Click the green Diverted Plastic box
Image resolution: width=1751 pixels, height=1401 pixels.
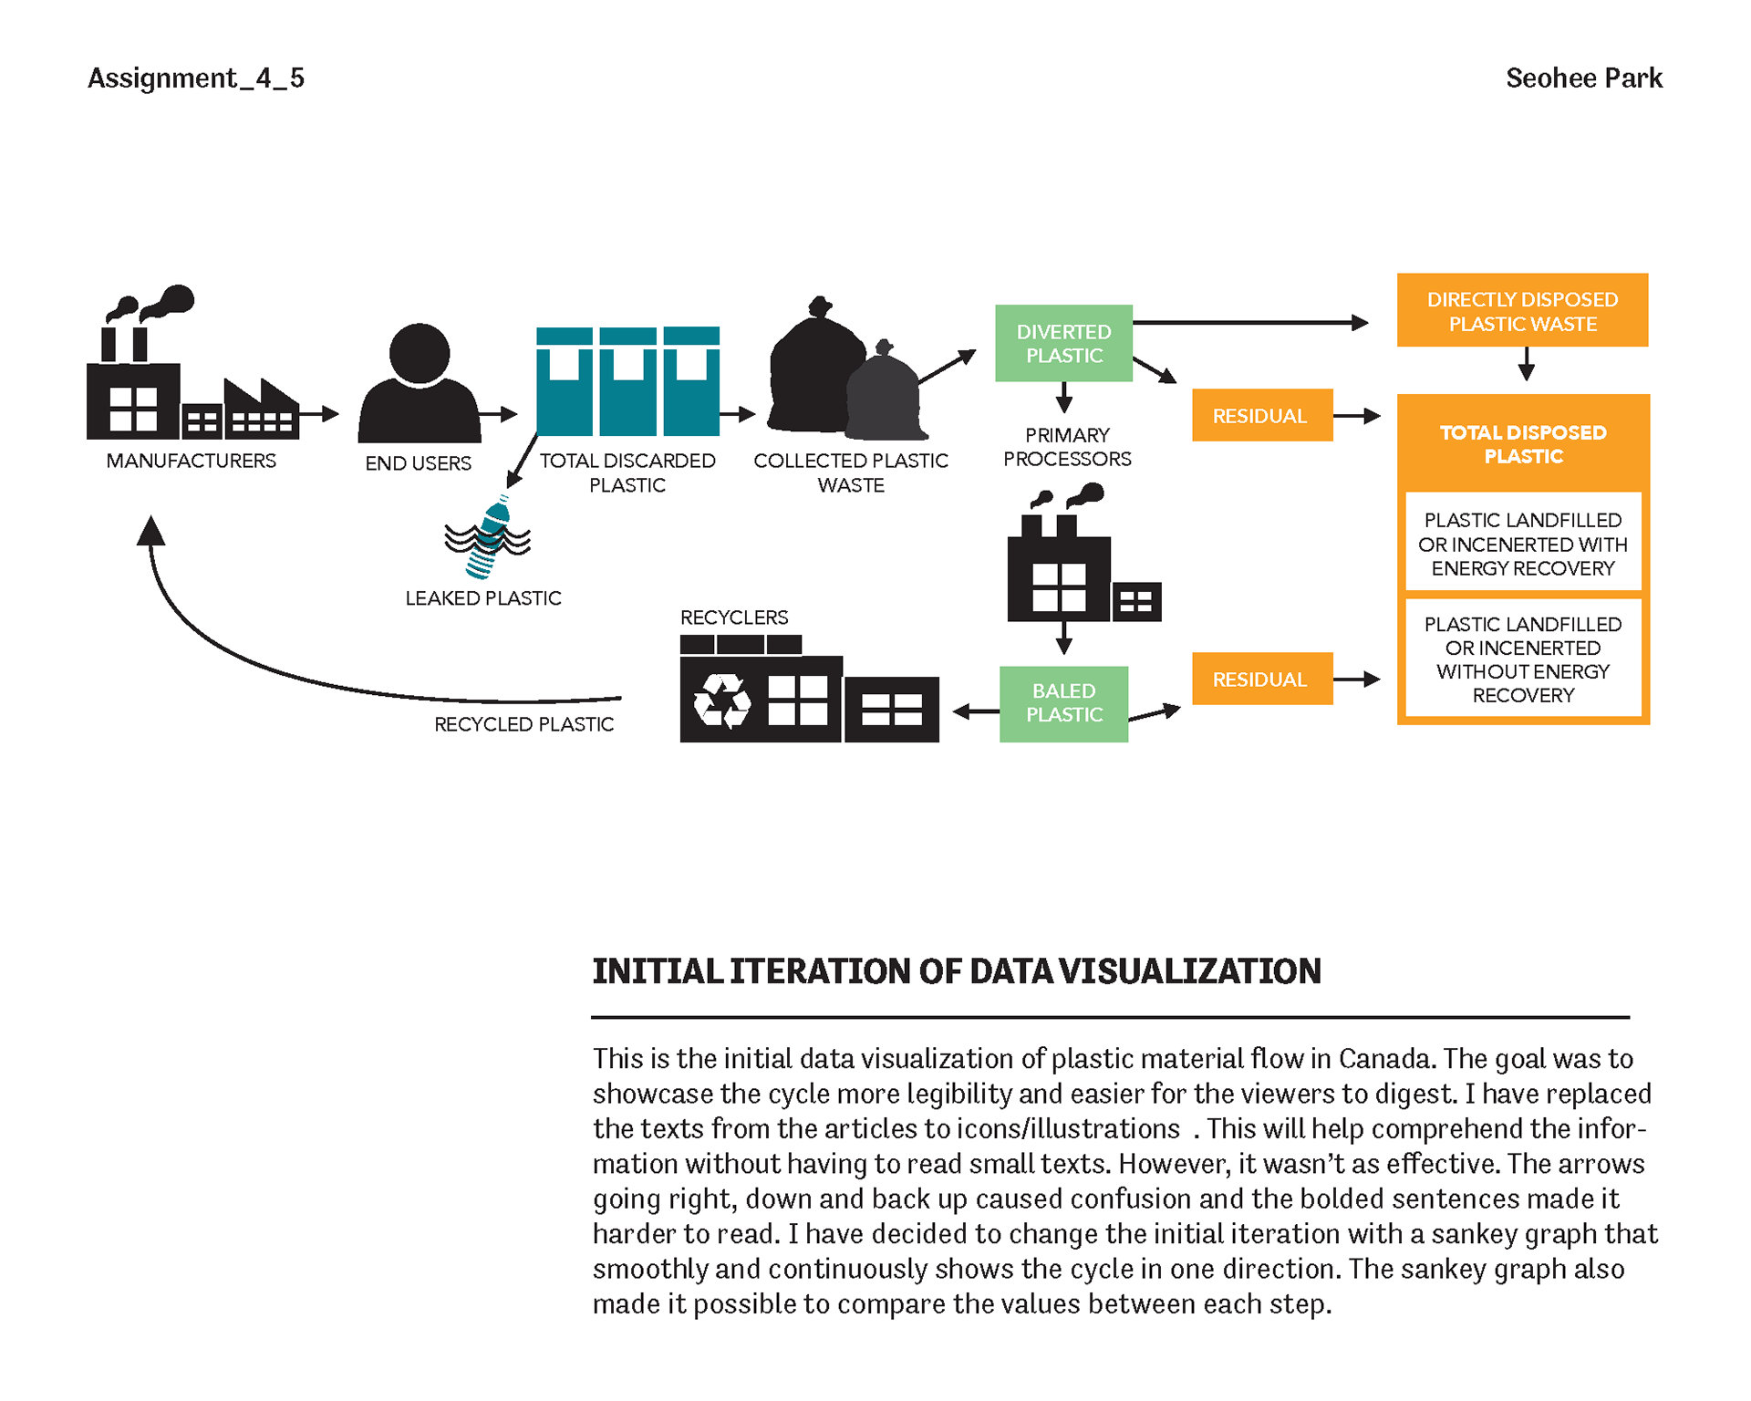pyautogui.click(x=1063, y=343)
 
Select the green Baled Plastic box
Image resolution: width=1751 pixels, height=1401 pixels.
pyautogui.click(x=1063, y=703)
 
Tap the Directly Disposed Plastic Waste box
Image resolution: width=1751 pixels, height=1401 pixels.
pyautogui.click(x=1522, y=311)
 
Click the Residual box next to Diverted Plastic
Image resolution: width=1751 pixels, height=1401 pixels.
pyautogui.click(x=1261, y=416)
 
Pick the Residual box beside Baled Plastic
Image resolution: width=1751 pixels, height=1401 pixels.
pyautogui.click(x=1261, y=679)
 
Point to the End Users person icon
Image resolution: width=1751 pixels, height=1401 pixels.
pyautogui.click(x=420, y=383)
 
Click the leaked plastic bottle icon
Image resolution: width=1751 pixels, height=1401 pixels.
pyautogui.click(x=489, y=538)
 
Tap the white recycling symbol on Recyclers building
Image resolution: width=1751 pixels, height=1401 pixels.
pyautogui.click(x=721, y=700)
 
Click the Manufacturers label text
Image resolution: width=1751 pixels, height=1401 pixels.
pyautogui.click(x=191, y=461)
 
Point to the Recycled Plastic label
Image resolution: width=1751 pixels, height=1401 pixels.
pyautogui.click(x=523, y=724)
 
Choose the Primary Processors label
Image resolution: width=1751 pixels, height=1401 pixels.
pyautogui.click(x=1067, y=447)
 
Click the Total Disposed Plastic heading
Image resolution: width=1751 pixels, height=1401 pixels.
pyautogui.click(x=1523, y=444)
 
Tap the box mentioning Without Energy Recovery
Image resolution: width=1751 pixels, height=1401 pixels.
pyautogui.click(x=1523, y=659)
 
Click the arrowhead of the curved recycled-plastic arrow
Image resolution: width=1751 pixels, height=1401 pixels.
pyautogui.click(x=150, y=531)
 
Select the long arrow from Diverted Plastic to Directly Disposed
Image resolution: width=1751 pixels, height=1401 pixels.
pyautogui.click(x=1249, y=322)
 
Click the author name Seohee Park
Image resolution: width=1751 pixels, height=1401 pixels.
pyautogui.click(x=1584, y=78)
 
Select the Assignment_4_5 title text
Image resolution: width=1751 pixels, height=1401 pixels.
pyautogui.click(x=196, y=78)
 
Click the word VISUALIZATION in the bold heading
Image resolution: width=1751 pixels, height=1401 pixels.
pyautogui.click(x=1190, y=971)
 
